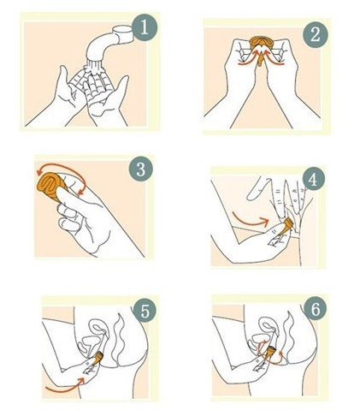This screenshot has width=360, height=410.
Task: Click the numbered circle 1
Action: tap(145, 28)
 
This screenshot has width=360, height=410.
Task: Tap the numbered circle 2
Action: tap(316, 35)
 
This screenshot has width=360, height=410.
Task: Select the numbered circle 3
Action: tap(141, 169)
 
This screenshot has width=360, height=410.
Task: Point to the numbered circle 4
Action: tap(313, 180)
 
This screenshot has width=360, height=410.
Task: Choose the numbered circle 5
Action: tap(145, 311)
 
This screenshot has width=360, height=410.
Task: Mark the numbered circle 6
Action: tap(316, 309)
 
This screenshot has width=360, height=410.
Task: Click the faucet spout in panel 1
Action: tap(109, 43)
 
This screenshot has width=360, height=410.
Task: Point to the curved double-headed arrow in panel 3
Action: tap(62, 168)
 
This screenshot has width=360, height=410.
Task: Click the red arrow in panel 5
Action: tap(66, 385)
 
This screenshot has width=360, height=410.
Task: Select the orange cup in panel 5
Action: tap(97, 358)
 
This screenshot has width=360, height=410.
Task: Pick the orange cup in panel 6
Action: tap(271, 352)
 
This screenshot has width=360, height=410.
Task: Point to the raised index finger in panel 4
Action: tap(258, 188)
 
